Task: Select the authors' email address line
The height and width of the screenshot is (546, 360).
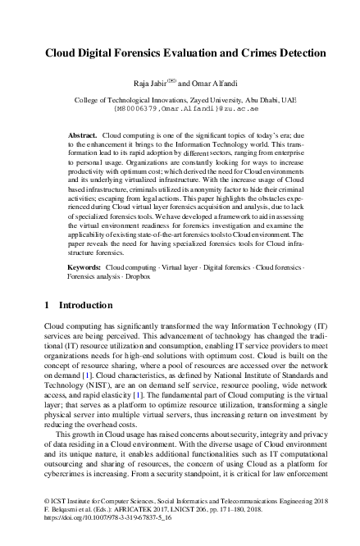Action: click(x=180, y=107)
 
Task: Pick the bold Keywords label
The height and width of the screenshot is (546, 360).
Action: click(x=84, y=267)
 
